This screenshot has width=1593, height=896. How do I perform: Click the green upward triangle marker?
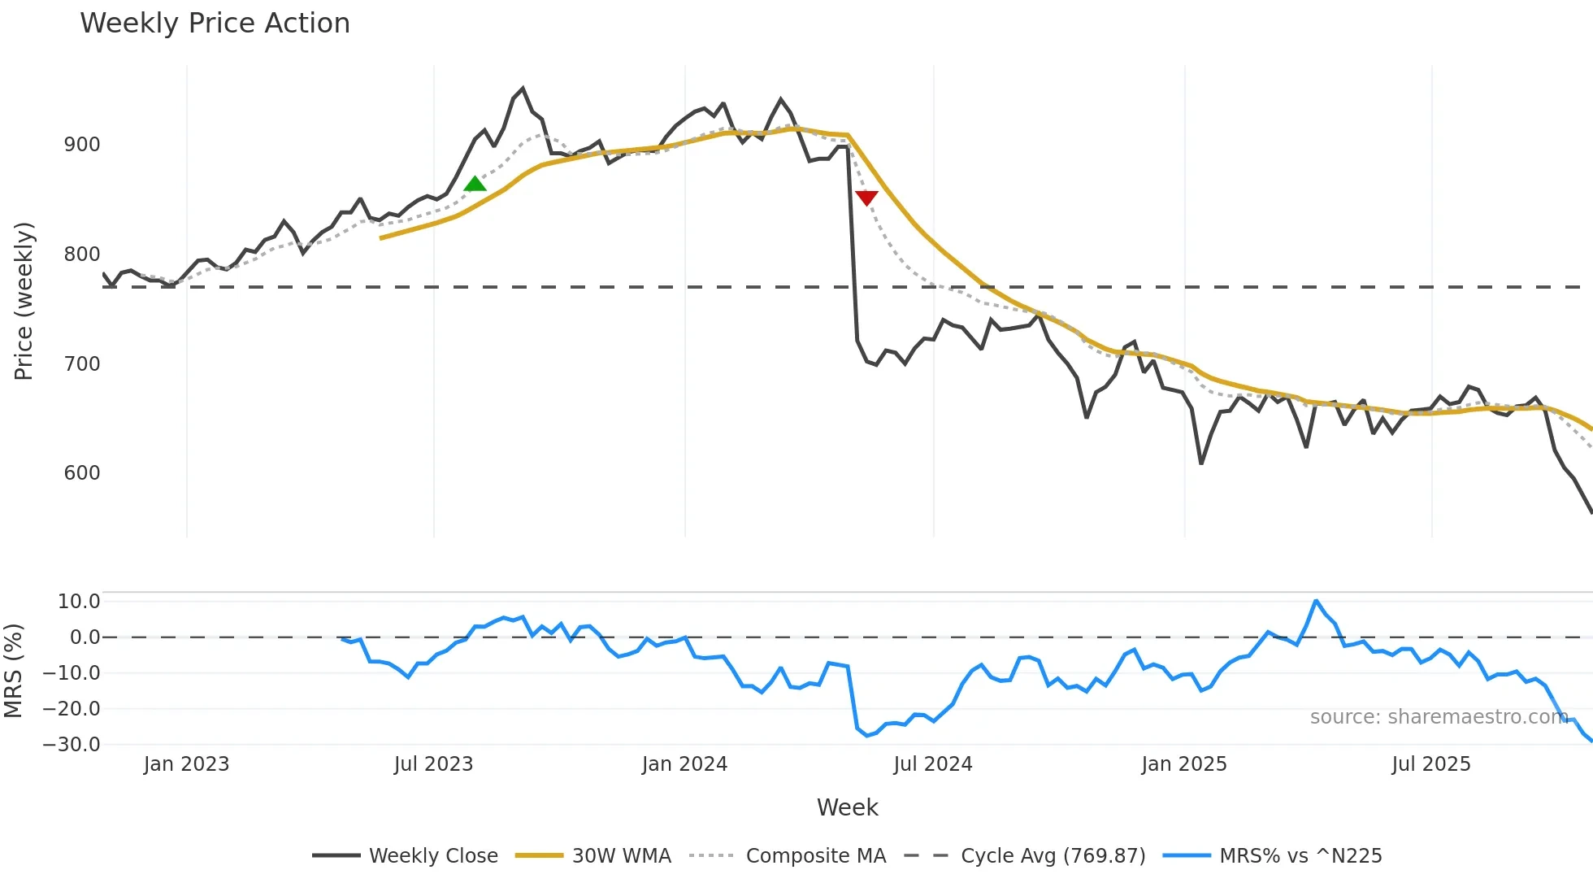pos(475,184)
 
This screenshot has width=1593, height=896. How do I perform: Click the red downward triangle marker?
pos(866,198)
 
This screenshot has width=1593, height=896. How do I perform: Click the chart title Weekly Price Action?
pos(215,24)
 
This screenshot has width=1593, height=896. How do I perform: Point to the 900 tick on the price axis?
pos(82,145)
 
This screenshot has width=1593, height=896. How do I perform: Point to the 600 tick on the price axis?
pos(82,473)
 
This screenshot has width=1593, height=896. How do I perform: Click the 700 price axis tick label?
pos(82,363)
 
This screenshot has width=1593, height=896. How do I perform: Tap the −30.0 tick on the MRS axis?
pos(72,744)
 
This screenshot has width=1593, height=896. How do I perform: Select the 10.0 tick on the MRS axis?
pos(79,602)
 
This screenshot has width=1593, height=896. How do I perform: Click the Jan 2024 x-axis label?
pos(684,764)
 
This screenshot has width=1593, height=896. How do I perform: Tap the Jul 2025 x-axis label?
pos(1431,764)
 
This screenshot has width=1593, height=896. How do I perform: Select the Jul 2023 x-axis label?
pos(433,764)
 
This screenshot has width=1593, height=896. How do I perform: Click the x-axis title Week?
pos(847,807)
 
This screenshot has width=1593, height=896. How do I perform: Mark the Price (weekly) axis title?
pos(24,301)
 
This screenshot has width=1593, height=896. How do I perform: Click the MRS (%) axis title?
pos(13,671)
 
